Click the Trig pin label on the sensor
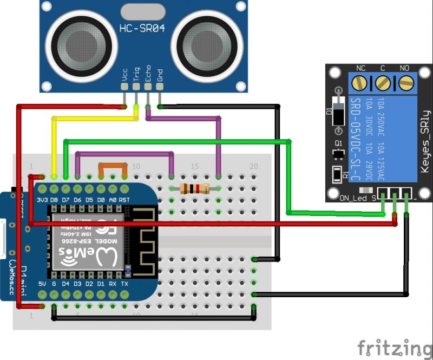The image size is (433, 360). (x=136, y=74)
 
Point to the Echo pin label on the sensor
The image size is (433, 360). (x=148, y=74)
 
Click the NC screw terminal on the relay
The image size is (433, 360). (x=359, y=83)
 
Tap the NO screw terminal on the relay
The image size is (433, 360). (x=404, y=83)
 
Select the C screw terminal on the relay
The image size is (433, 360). (x=382, y=83)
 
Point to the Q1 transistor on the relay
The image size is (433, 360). (x=339, y=152)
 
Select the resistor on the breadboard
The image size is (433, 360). (x=194, y=188)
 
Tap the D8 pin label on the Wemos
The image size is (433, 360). (x=54, y=199)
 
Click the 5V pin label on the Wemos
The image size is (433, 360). (x=42, y=284)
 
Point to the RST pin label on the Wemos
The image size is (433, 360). (x=125, y=199)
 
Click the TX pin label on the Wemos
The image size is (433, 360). (x=125, y=284)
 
